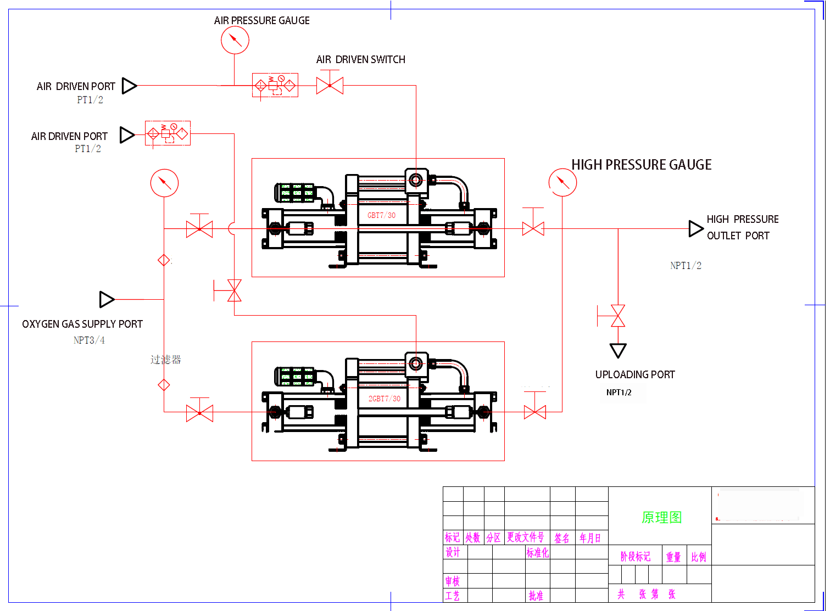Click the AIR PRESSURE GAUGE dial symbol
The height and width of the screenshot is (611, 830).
pyautogui.click(x=235, y=40)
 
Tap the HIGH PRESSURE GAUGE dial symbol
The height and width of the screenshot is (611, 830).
pyautogui.click(x=562, y=182)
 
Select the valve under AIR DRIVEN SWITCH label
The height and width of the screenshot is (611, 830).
pyautogui.click(x=330, y=86)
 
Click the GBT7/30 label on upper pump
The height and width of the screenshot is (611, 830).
pyautogui.click(x=381, y=215)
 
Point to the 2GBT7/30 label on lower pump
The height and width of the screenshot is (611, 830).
pyautogui.click(x=384, y=399)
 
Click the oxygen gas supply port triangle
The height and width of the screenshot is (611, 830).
pyautogui.click(x=107, y=299)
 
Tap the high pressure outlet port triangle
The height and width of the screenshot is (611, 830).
pyautogui.click(x=696, y=228)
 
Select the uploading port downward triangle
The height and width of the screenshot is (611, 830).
pyautogui.click(x=618, y=350)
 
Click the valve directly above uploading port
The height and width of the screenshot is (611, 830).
pyautogui.click(x=618, y=316)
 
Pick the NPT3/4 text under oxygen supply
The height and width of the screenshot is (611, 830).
pyautogui.click(x=89, y=340)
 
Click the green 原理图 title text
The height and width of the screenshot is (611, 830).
pyautogui.click(x=661, y=517)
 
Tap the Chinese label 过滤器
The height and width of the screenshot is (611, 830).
pyautogui.click(x=165, y=360)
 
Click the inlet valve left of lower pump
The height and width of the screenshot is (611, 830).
pyautogui.click(x=199, y=412)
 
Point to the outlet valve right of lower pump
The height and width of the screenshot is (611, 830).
pyautogui.click(x=534, y=412)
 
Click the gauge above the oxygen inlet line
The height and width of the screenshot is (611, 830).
pyautogui.click(x=164, y=183)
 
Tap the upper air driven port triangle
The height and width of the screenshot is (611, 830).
pyautogui.click(x=129, y=86)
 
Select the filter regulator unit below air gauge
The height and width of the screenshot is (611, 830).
pyautogui.click(x=275, y=86)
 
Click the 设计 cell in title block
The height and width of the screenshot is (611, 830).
pyautogui.click(x=453, y=552)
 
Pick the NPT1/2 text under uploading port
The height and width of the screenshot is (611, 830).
pyautogui.click(x=619, y=393)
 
